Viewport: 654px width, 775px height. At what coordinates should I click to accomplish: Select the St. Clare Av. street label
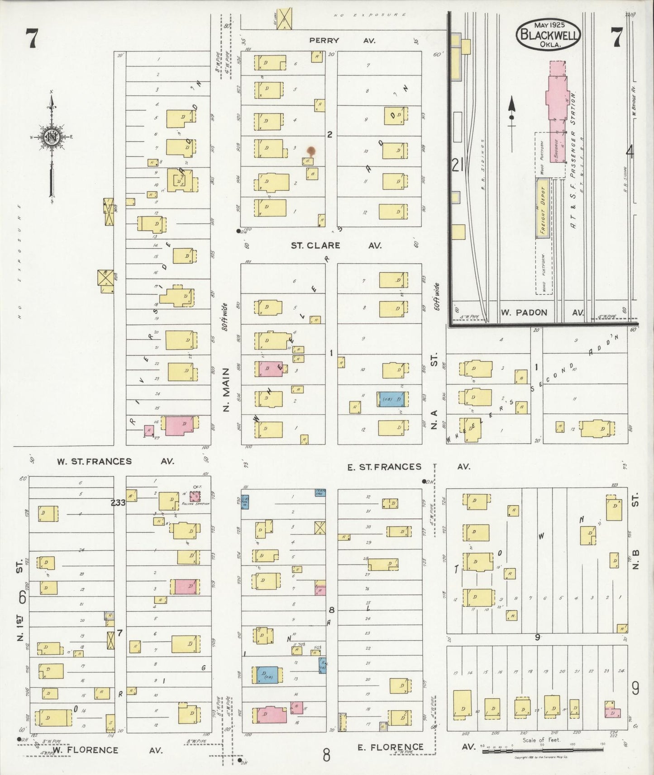(x=336, y=246)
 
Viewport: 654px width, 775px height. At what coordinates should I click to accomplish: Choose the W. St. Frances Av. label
(x=115, y=462)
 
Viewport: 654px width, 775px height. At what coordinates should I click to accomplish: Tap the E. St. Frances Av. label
(x=408, y=467)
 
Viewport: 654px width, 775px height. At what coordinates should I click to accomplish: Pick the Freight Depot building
(x=543, y=208)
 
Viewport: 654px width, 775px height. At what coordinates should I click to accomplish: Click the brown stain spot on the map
(x=311, y=151)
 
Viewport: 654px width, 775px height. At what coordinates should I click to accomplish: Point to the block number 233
(x=118, y=502)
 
